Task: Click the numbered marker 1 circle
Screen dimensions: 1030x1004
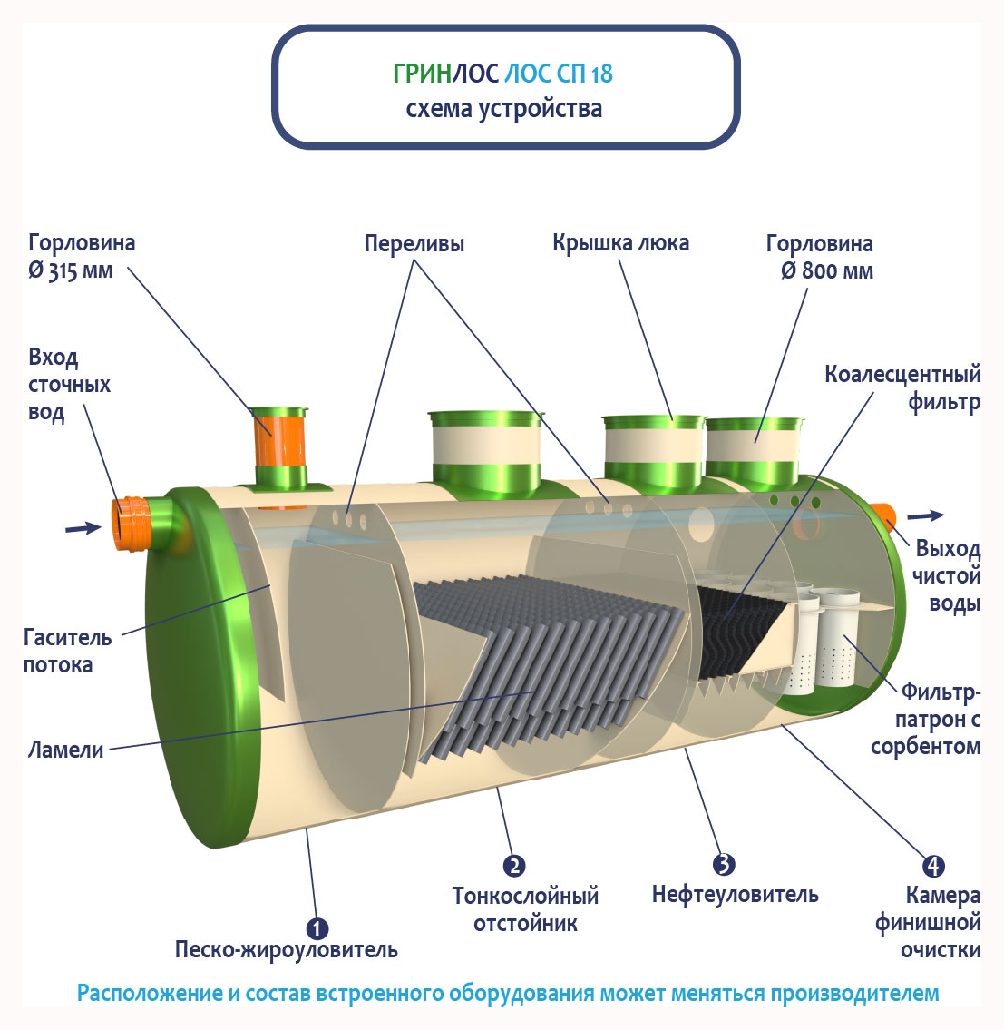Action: coord(317,928)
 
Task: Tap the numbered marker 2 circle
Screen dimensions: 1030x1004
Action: coord(514,866)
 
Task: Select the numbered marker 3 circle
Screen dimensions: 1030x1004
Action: coord(723,864)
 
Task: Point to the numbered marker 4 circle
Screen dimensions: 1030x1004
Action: coord(933,867)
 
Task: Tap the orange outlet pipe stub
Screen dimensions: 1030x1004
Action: coord(885,517)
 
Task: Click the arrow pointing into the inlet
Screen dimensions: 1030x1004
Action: coord(83,527)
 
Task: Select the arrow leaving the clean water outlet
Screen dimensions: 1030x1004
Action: coord(926,515)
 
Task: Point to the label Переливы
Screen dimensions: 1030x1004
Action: coord(414,244)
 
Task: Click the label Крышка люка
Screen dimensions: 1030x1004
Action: coord(620,243)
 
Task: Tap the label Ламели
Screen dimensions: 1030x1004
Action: coord(66,750)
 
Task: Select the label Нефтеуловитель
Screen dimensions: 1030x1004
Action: coord(735,895)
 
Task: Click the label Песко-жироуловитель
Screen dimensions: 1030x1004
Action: coord(287,950)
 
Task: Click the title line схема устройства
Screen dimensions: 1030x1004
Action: coord(503,110)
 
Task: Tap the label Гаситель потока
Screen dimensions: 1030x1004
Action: coord(68,651)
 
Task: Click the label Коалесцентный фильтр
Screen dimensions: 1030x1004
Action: coord(902,387)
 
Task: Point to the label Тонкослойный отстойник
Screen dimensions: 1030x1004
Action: coord(526,909)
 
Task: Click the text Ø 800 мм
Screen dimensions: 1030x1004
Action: coord(827,271)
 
